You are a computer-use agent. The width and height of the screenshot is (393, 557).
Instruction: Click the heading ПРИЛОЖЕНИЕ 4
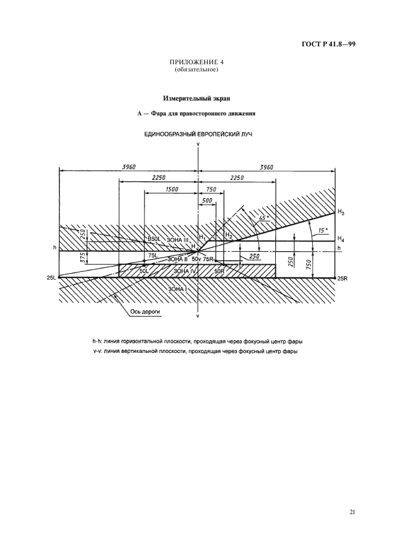[x=197, y=62]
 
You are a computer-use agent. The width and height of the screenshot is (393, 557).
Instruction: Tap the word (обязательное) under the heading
[x=197, y=69]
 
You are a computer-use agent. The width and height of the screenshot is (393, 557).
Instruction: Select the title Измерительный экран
[x=196, y=97]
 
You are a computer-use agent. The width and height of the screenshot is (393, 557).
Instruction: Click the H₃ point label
[x=341, y=212]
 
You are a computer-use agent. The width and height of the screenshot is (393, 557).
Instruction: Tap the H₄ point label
[x=341, y=239]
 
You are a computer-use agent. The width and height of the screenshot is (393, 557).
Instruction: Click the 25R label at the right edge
[x=342, y=278]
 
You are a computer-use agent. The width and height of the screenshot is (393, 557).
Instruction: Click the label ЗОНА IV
[x=186, y=271]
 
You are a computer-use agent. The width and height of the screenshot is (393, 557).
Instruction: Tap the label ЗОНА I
[x=178, y=289]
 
